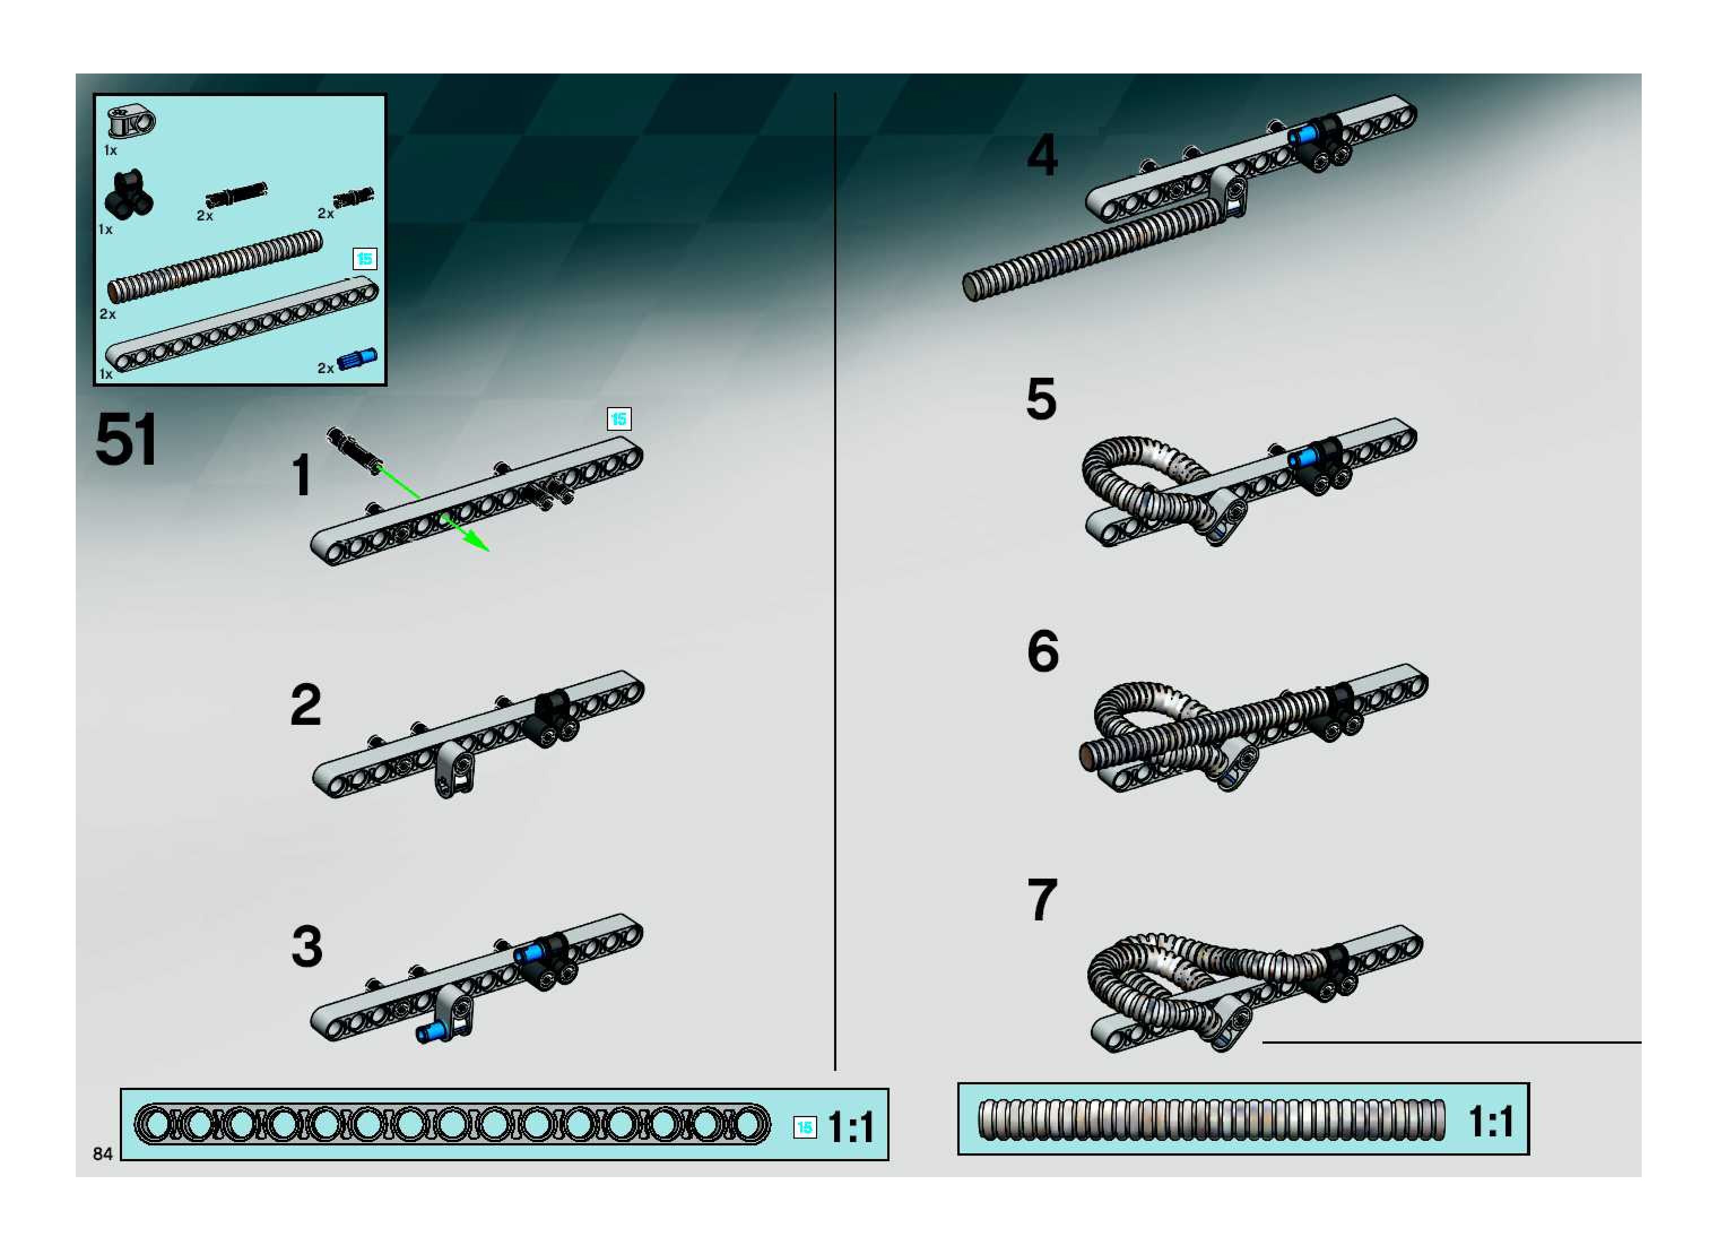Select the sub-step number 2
tap(306, 704)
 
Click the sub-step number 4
tap(1042, 155)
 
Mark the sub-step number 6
tap(1043, 651)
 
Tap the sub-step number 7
tap(1042, 900)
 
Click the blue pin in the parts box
tap(357, 358)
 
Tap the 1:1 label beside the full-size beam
tap(851, 1127)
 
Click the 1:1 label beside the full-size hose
tap(1491, 1121)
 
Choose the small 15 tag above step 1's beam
tap(619, 418)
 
